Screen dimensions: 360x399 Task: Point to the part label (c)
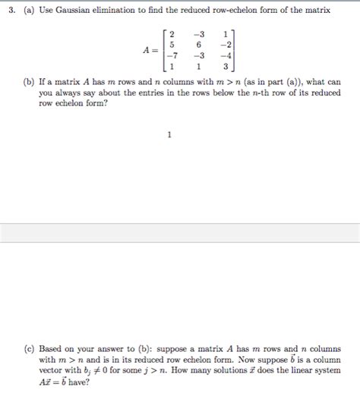coord(28,350)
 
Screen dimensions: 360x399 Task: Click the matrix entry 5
coord(172,45)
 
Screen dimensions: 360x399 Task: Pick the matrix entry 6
coord(198,45)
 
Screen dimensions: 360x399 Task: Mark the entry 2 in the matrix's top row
coord(172,34)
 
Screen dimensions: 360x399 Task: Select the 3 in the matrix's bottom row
coord(226,66)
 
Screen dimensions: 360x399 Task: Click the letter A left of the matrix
coord(146,50)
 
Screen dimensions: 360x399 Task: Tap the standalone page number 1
coord(169,135)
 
